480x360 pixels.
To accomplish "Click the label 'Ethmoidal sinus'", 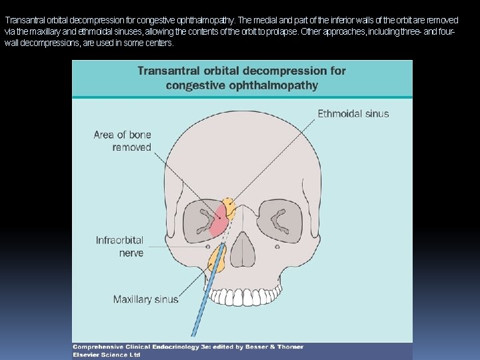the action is click(353, 113).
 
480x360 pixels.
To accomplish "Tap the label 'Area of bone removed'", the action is click(123, 141).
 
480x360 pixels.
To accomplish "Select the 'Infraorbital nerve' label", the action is click(119, 246).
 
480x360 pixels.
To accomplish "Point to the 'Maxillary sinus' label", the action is click(145, 299).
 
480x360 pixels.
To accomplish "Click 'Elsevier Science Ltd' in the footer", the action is click(107, 355).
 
